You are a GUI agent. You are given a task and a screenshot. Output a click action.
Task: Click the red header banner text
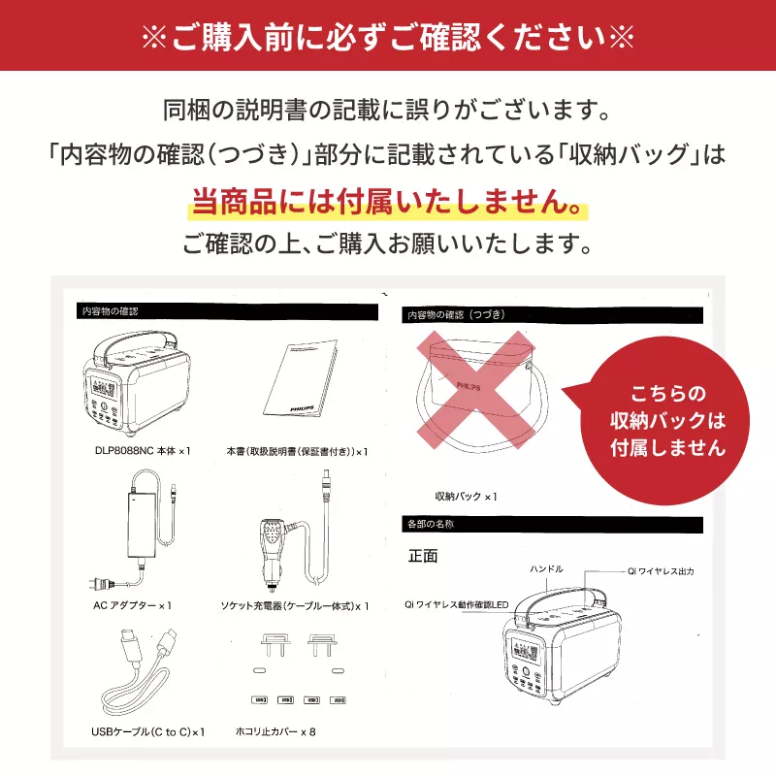coord(388,35)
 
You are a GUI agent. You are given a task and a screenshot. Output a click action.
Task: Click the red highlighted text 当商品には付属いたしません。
coord(388,204)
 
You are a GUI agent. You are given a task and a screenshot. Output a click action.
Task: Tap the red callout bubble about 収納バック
coord(667,420)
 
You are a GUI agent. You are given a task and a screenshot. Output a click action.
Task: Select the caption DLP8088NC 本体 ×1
coord(144,451)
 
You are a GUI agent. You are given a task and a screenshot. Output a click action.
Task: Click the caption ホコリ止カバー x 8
coord(276,731)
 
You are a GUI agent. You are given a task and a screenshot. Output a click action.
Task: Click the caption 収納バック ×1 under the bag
coord(466,496)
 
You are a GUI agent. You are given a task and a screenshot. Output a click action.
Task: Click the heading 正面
coord(424,557)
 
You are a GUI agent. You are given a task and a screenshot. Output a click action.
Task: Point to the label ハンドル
coord(546,568)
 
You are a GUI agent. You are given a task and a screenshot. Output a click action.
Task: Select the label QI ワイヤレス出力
coord(661,571)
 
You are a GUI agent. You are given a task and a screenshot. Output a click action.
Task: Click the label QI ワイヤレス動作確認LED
coord(456,602)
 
